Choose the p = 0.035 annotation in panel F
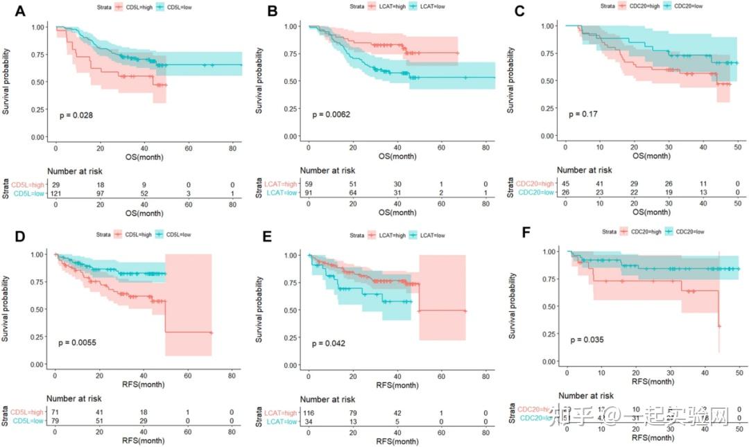click(x=588, y=340)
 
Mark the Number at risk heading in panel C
click(x=585, y=169)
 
